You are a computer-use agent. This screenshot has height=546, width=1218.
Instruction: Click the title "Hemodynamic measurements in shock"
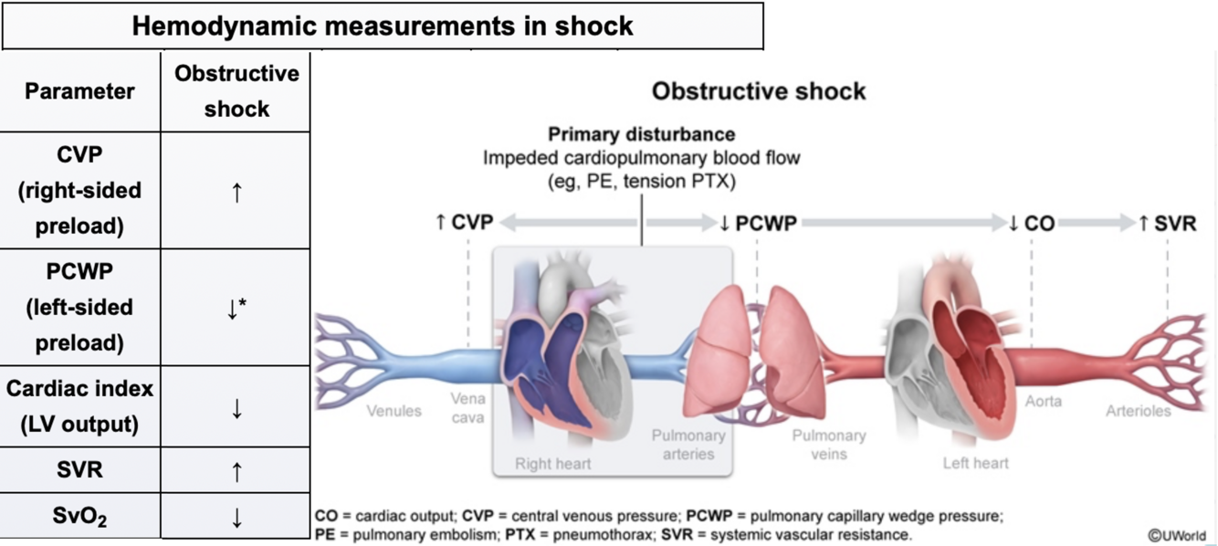point(383,26)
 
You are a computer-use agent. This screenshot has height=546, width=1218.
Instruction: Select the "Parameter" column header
point(79,91)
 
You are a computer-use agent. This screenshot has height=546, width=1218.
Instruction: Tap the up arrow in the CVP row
point(236,192)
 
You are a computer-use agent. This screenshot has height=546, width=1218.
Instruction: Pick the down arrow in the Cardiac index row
point(236,408)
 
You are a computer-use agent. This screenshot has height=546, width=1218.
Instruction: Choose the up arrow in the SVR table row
point(236,471)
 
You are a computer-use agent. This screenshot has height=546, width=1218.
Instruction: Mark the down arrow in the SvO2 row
point(236,519)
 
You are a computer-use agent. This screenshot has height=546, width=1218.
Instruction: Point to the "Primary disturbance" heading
point(641,135)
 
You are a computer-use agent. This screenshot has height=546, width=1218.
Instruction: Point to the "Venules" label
point(394,411)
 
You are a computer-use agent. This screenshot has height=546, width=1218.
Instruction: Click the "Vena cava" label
point(467,408)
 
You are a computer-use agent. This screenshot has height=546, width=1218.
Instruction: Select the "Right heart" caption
point(552,463)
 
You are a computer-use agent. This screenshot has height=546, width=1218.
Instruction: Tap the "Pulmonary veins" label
point(829,445)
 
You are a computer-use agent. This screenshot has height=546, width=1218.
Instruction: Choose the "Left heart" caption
point(976,463)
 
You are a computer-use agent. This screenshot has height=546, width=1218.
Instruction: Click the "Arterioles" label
point(1138,411)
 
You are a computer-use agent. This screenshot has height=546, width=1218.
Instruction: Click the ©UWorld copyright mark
point(1177,535)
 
